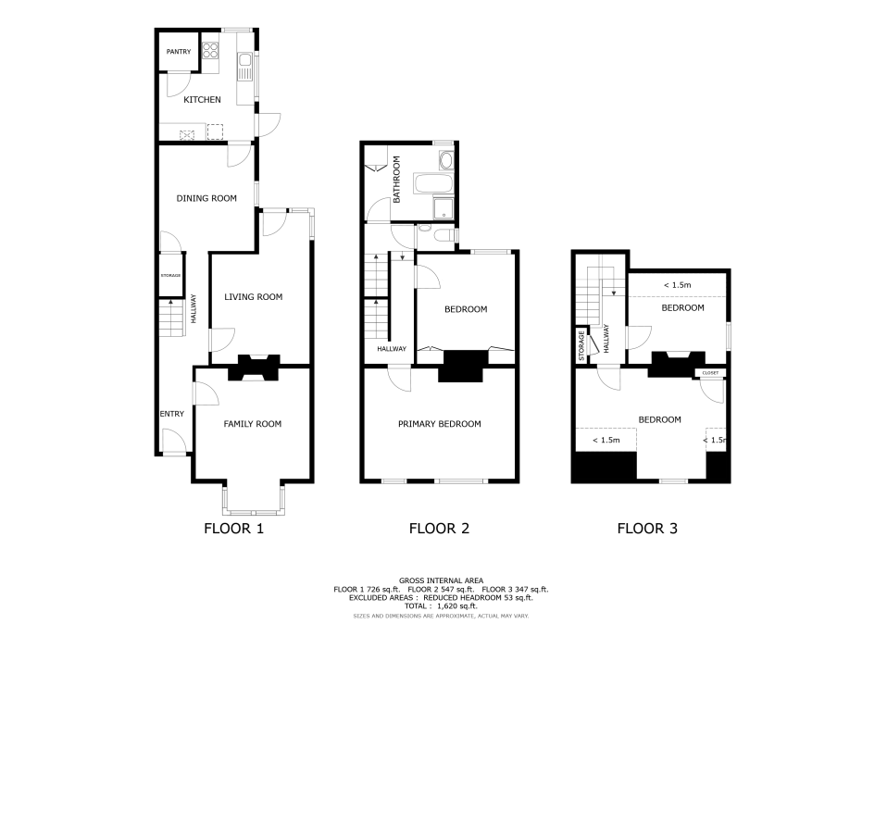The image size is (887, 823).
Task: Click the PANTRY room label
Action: [x=179, y=52]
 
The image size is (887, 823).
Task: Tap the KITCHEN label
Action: [x=202, y=100]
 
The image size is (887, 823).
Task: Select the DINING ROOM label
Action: [x=206, y=198]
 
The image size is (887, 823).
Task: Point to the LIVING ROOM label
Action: [x=253, y=297]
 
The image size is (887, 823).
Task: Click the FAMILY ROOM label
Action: [x=252, y=424]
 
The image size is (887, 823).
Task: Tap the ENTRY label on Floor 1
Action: [x=172, y=414]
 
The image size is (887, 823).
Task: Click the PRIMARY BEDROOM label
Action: [x=440, y=424]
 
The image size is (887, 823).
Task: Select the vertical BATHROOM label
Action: [x=396, y=180]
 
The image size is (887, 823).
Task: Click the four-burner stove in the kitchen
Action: [x=210, y=50]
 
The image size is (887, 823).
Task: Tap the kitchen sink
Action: [x=245, y=66]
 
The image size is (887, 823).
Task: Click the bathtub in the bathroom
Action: [x=433, y=184]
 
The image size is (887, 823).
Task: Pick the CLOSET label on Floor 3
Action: [x=710, y=373]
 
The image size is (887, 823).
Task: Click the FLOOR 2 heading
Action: [x=439, y=529]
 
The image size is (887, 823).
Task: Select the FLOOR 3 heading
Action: [x=647, y=529]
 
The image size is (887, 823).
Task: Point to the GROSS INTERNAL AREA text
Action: [x=442, y=580]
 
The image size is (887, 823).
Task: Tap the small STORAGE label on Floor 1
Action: [x=171, y=276]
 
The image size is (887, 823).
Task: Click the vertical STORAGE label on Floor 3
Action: [x=581, y=345]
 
